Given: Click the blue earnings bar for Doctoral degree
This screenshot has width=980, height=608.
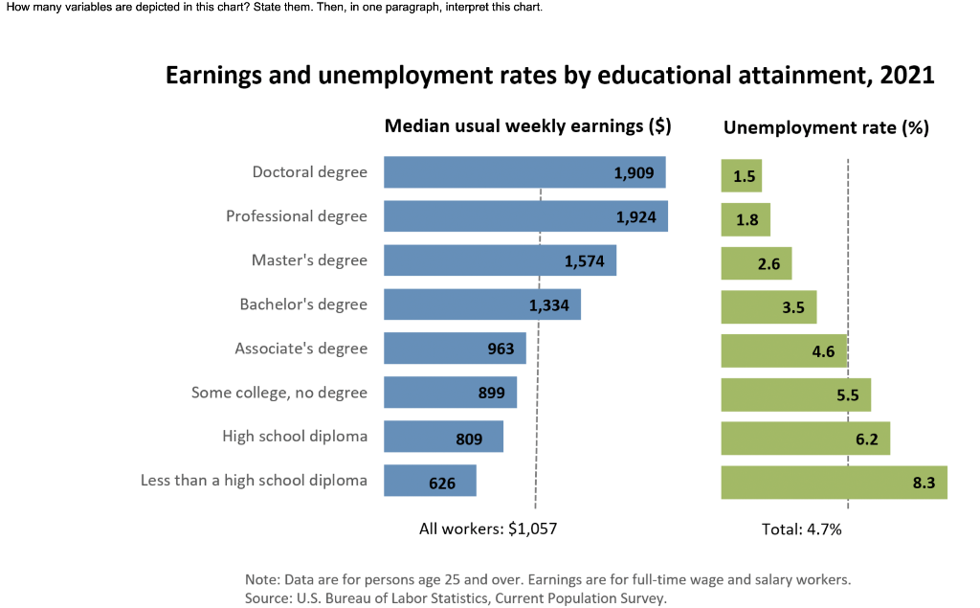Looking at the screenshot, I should pyautogui.click(x=524, y=172).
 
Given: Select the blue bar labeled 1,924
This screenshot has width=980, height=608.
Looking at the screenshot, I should pyautogui.click(x=525, y=216).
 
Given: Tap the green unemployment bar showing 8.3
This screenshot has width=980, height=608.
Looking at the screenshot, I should pyautogui.click(x=834, y=483).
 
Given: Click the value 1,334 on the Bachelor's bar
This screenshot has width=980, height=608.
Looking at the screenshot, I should pyautogui.click(x=549, y=305).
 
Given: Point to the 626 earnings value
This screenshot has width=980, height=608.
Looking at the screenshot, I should pyautogui.click(x=442, y=484).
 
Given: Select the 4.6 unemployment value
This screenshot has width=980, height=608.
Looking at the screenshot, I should pyautogui.click(x=823, y=350).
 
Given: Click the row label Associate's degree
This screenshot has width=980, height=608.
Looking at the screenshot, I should pyautogui.click(x=301, y=349).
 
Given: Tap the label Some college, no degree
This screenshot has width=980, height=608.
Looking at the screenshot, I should pyautogui.click(x=278, y=393).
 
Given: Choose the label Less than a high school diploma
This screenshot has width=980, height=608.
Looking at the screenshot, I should pyautogui.click(x=254, y=481).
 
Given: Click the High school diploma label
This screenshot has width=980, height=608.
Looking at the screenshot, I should pyautogui.click(x=295, y=437).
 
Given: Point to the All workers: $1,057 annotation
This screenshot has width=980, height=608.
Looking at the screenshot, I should pyautogui.click(x=488, y=529).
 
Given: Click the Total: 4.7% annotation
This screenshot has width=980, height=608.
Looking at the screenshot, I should pyautogui.click(x=801, y=529).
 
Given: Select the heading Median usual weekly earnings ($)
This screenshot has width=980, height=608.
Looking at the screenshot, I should pyautogui.click(x=527, y=126).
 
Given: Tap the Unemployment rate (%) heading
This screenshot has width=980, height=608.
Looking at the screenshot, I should pyautogui.click(x=826, y=127).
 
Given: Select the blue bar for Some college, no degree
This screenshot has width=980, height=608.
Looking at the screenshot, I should pyautogui.click(x=450, y=393).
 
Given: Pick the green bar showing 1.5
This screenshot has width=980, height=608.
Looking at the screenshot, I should pyautogui.click(x=741, y=176).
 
